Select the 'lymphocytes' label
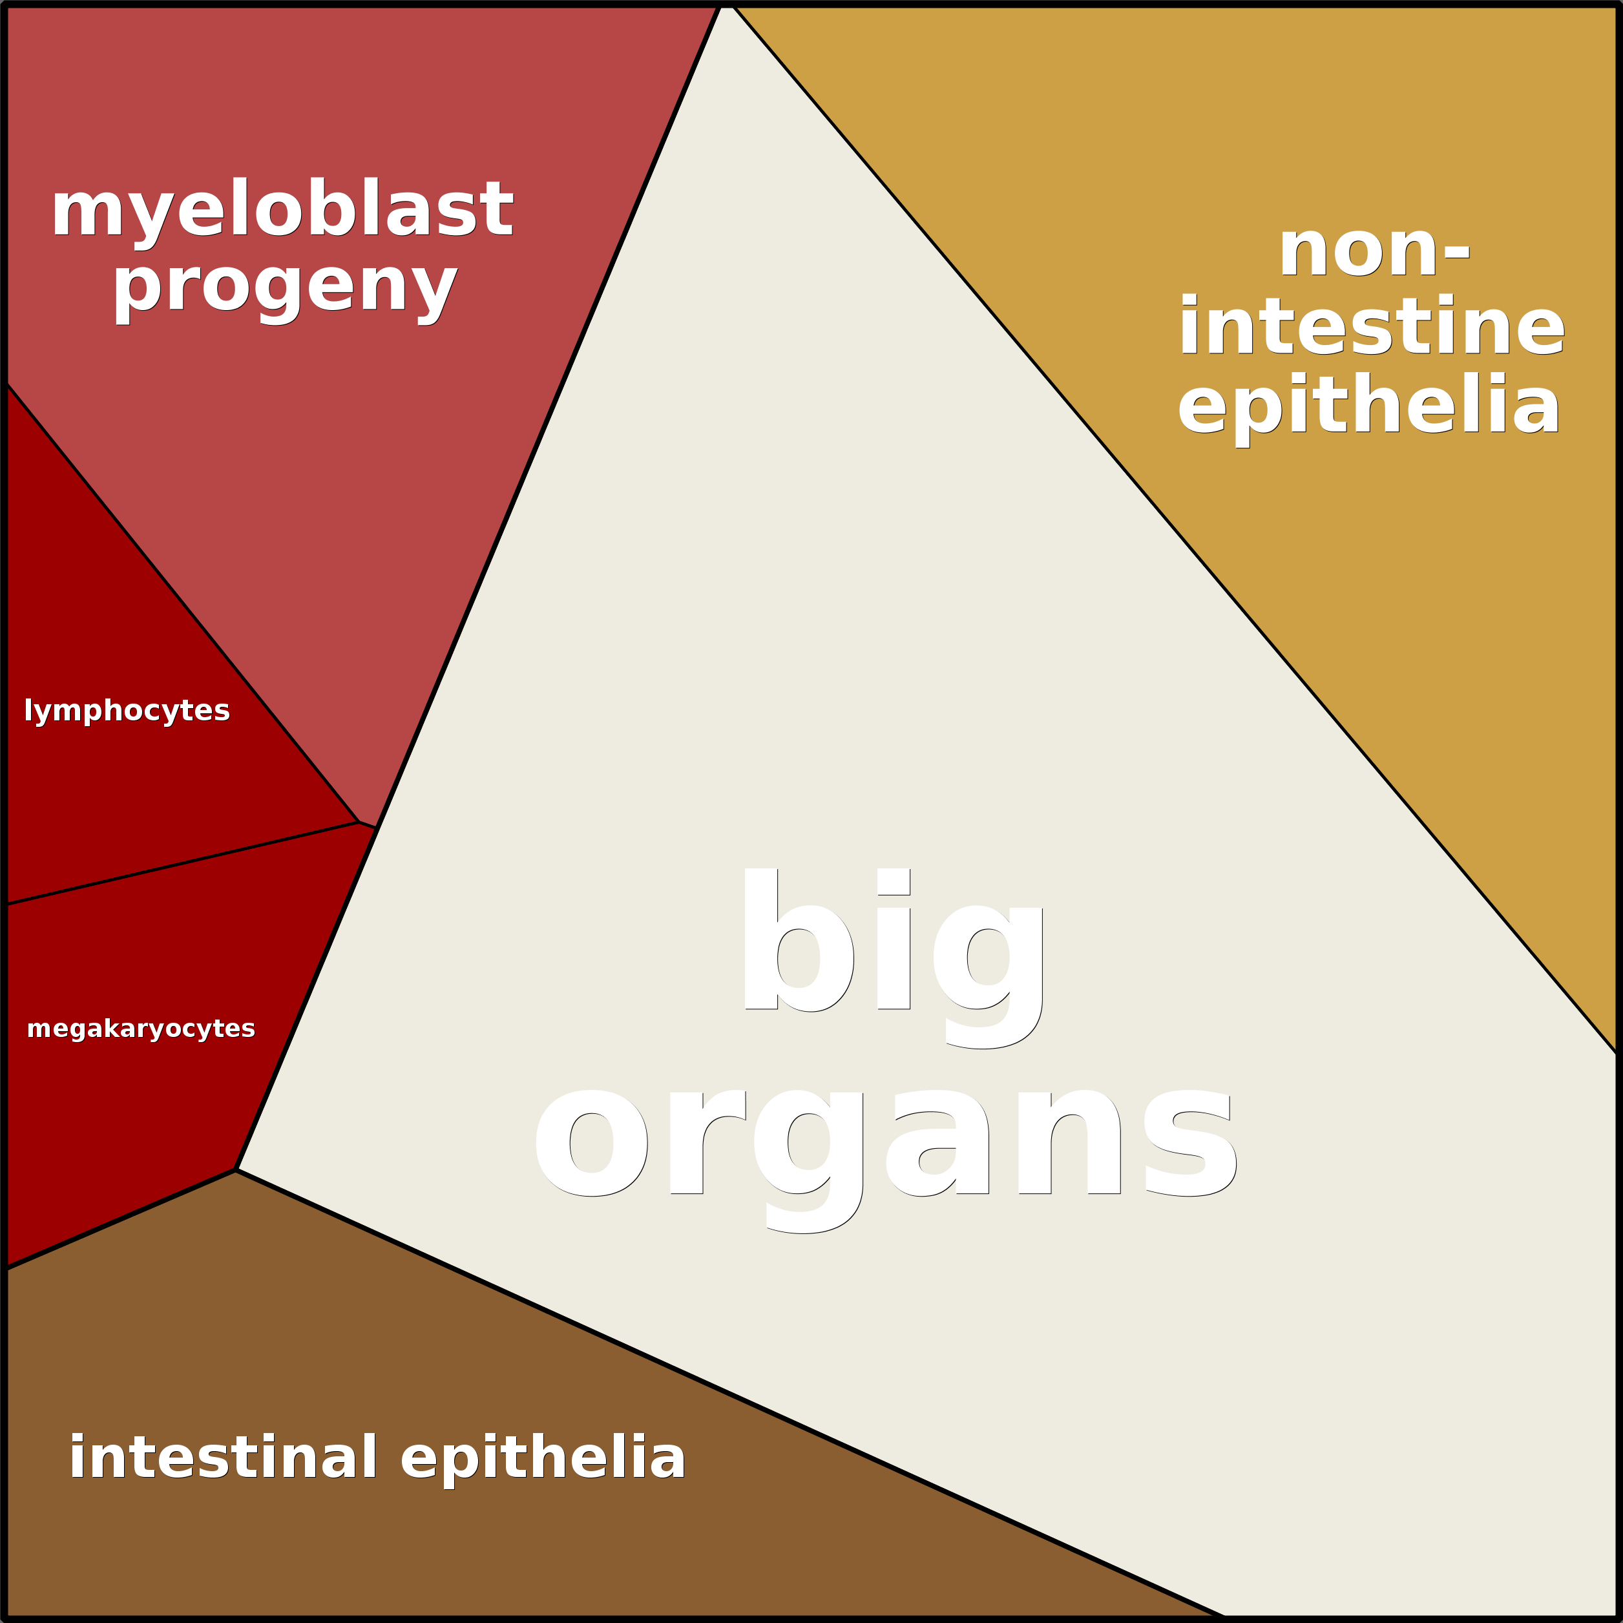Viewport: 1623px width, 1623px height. click(x=127, y=711)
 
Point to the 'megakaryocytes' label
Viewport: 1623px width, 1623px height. click(x=141, y=1029)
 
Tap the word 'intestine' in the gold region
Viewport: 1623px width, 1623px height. click(x=1371, y=328)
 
